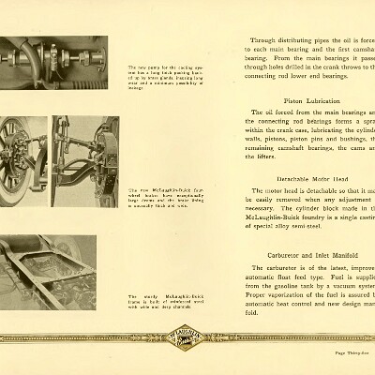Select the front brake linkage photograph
84,160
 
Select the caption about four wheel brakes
156,197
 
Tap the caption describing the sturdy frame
156,302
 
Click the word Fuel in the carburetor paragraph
327,278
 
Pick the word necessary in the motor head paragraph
269,208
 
